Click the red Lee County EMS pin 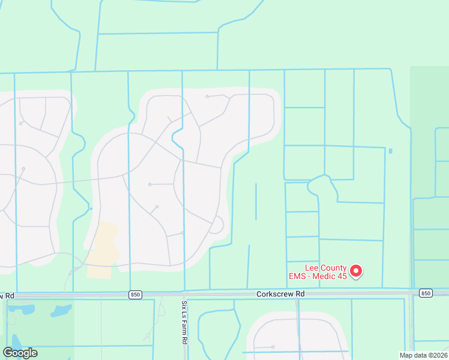coord(356,271)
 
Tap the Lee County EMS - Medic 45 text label coord(318,271)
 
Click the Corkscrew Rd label coord(280,294)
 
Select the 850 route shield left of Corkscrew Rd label coord(136,294)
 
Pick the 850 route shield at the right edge coord(426,293)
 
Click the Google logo coord(20,352)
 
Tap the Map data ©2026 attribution coord(424,355)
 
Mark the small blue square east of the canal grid coord(391,151)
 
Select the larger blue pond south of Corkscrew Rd coord(61,311)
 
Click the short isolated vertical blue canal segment coord(256,202)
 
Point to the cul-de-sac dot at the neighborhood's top coord(207,96)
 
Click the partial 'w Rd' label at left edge coord(6,296)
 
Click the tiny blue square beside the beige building coord(91,208)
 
